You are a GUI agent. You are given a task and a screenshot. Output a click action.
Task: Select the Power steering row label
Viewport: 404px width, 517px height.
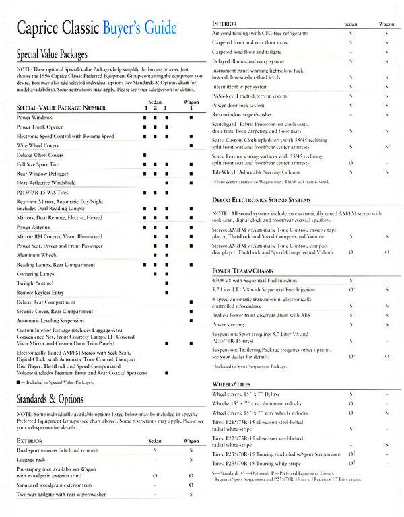(x=230, y=324)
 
